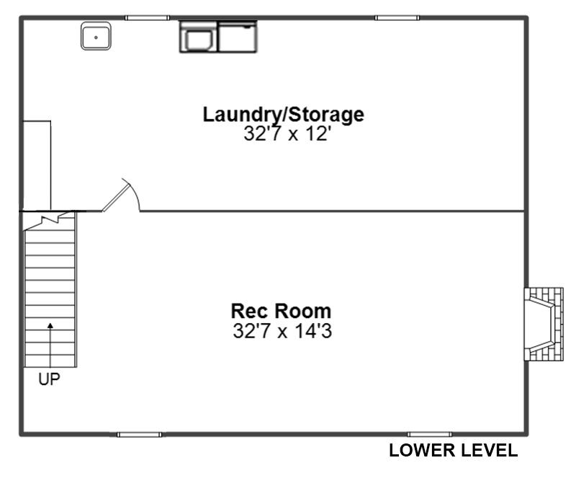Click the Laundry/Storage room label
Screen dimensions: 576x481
[x=283, y=115]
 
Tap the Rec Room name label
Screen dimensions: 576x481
[x=281, y=311]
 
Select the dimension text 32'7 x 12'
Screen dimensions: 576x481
[x=285, y=133]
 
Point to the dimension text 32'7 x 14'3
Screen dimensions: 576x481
[x=282, y=330]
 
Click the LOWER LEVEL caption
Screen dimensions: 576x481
[x=454, y=451]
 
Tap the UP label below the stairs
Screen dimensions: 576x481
[x=49, y=379]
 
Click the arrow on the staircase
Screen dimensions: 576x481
[x=50, y=345]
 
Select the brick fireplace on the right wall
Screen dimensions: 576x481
[x=544, y=325]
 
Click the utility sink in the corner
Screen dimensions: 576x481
[x=96, y=36]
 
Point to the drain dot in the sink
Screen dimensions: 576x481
[x=96, y=37]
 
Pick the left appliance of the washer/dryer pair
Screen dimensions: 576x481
[x=199, y=37]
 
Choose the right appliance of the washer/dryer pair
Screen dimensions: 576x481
[x=238, y=37]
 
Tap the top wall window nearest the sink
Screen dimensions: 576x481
[x=147, y=17]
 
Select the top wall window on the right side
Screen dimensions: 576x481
[x=397, y=17]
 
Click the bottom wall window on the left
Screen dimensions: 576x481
[x=139, y=435]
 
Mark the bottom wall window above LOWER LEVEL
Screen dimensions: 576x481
[x=430, y=435]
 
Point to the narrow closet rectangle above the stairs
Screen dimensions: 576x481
[x=37, y=166]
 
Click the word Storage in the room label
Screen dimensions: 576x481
[x=325, y=115]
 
